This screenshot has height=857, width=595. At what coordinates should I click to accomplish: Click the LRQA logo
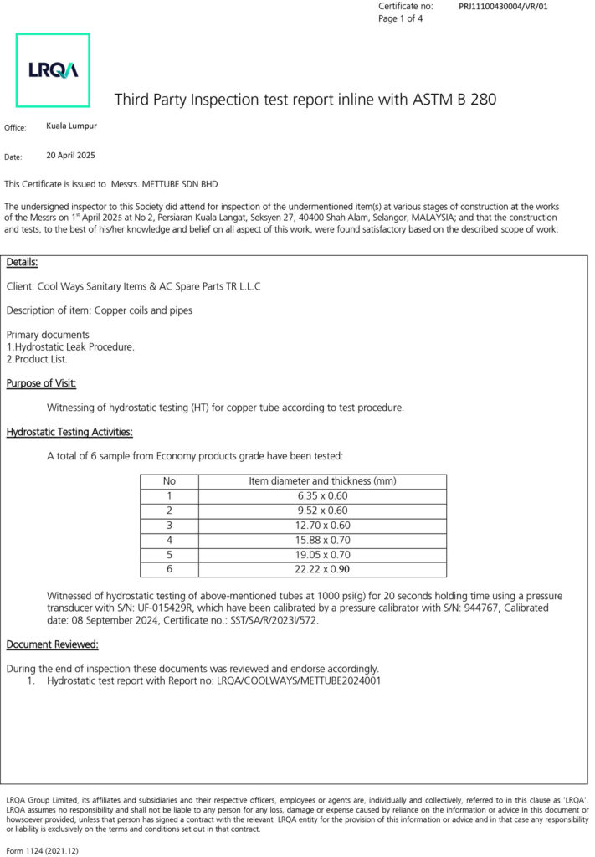[53, 70]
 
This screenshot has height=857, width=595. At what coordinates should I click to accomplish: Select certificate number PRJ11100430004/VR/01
[503, 7]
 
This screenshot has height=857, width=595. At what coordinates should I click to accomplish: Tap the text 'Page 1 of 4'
[401, 18]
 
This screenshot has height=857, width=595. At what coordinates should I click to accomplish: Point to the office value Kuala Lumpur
[71, 126]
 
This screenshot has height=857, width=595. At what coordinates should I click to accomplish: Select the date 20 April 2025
[71, 156]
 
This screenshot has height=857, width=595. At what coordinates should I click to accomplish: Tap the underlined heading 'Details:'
[22, 263]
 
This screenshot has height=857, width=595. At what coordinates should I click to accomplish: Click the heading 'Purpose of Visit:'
[42, 383]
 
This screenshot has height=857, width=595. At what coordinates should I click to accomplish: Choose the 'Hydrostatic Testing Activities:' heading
[69, 433]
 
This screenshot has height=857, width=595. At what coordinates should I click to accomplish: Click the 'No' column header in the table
[169, 481]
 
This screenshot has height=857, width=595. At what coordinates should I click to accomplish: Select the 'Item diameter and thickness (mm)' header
[322, 481]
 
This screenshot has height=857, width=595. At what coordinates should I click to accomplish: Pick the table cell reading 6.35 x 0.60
[322, 496]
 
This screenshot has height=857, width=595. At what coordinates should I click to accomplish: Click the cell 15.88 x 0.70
[322, 541]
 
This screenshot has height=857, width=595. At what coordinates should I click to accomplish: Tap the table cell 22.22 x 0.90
[322, 570]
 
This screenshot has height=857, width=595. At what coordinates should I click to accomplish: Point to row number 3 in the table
[169, 526]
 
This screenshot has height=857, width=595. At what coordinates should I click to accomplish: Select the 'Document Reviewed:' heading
[53, 644]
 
